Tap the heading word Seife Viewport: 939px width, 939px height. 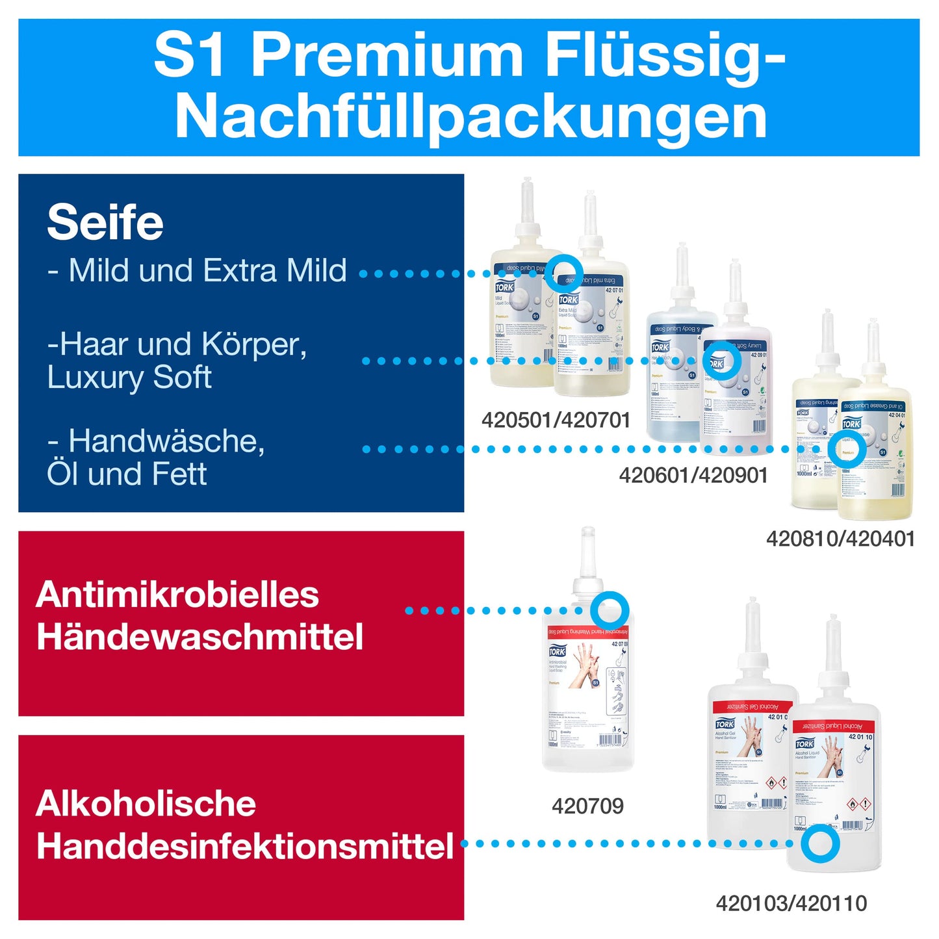[105, 223]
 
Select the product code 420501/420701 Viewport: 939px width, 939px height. [556, 420]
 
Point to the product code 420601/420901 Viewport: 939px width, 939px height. [693, 476]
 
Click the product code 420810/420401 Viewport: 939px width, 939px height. [840, 539]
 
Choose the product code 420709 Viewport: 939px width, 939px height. [587, 806]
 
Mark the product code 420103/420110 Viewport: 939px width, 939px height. [791, 903]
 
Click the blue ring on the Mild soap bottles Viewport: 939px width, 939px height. [563, 273]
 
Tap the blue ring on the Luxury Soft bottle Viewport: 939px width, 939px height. [721, 361]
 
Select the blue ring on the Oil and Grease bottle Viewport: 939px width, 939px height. [847, 449]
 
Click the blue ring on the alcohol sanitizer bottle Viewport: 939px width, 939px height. [819, 843]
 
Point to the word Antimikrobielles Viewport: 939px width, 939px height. [177, 595]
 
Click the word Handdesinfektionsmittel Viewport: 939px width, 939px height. [245, 846]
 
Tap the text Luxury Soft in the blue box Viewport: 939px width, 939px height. [129, 378]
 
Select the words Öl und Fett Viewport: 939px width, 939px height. [127, 474]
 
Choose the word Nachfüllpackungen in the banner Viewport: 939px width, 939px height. [470, 117]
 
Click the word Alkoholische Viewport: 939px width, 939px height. [146, 804]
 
